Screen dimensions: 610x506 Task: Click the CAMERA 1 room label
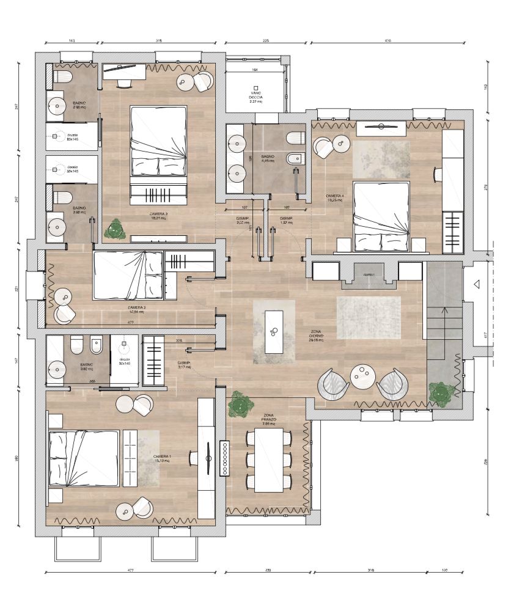pos(162,457)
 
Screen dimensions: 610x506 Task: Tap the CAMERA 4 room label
pos(335,197)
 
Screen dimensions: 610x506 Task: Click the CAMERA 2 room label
pos(136,309)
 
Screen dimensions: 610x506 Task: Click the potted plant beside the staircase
pos(441,393)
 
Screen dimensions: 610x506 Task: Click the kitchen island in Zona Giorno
pos(273,331)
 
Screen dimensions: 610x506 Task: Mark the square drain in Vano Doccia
pos(256,88)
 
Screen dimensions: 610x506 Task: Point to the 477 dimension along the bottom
pos(130,571)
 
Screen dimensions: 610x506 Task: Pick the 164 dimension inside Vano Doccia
pos(255,71)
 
